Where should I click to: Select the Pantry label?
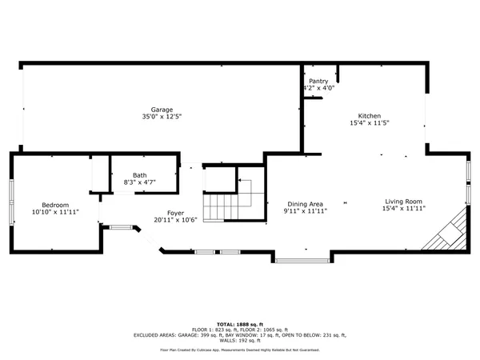(x=318, y=81)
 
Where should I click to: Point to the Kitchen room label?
(x=369, y=116)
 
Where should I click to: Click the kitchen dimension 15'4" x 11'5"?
(x=369, y=124)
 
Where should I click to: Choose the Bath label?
(x=140, y=175)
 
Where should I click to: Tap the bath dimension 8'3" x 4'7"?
(x=140, y=183)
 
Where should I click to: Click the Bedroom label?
(x=55, y=204)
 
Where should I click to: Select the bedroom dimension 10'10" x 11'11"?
(x=55, y=212)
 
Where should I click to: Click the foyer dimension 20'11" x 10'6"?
(x=175, y=220)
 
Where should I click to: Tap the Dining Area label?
(x=305, y=204)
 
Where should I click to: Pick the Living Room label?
(x=403, y=202)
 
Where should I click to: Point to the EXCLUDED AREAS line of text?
(x=240, y=335)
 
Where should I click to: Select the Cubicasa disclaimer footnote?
(x=240, y=350)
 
